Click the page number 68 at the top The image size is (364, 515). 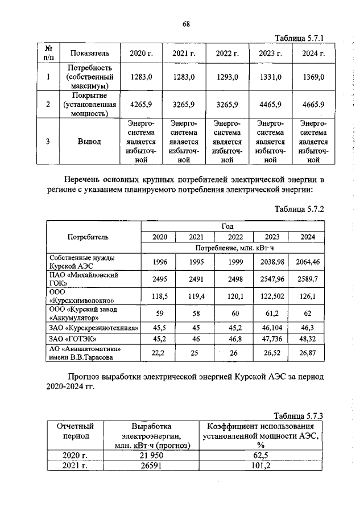185,23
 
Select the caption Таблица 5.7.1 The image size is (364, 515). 299,38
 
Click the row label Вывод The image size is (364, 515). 89,141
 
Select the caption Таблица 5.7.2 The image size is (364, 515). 299,209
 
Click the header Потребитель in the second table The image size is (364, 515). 88,237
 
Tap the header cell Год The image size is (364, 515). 235,226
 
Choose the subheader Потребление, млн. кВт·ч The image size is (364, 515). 235,248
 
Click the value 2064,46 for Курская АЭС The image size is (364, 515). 312,262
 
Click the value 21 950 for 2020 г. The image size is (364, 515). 151,455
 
